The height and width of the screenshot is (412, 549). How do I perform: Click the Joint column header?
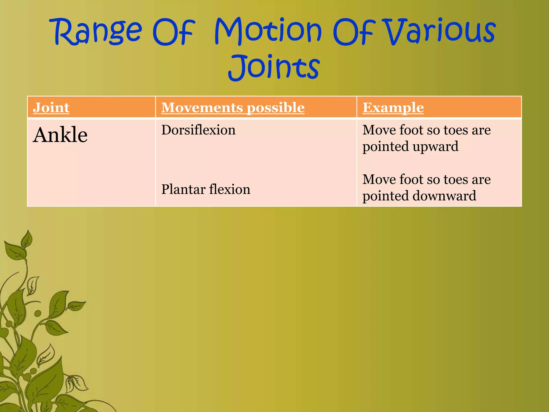tap(51, 108)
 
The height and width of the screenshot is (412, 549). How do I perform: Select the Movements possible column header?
tap(233, 108)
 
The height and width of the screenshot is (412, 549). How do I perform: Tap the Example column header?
tap(393, 108)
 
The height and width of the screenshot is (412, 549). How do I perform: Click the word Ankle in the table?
tap(60, 135)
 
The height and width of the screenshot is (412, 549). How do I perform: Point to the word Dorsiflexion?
tap(198, 130)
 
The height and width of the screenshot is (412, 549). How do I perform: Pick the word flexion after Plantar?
tap(230, 189)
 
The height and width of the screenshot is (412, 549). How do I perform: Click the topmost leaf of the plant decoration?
tap(27, 239)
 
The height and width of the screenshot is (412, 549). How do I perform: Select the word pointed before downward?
tap(385, 196)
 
